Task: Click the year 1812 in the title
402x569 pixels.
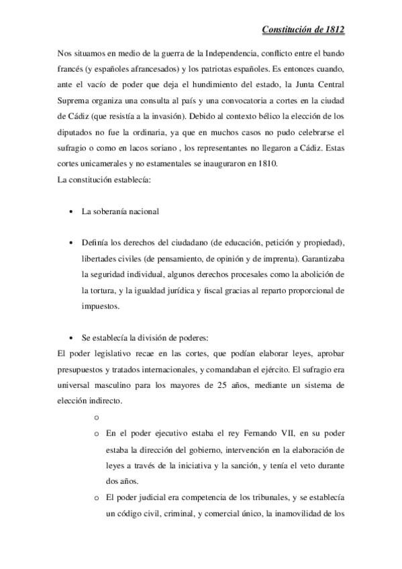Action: click(334, 30)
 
